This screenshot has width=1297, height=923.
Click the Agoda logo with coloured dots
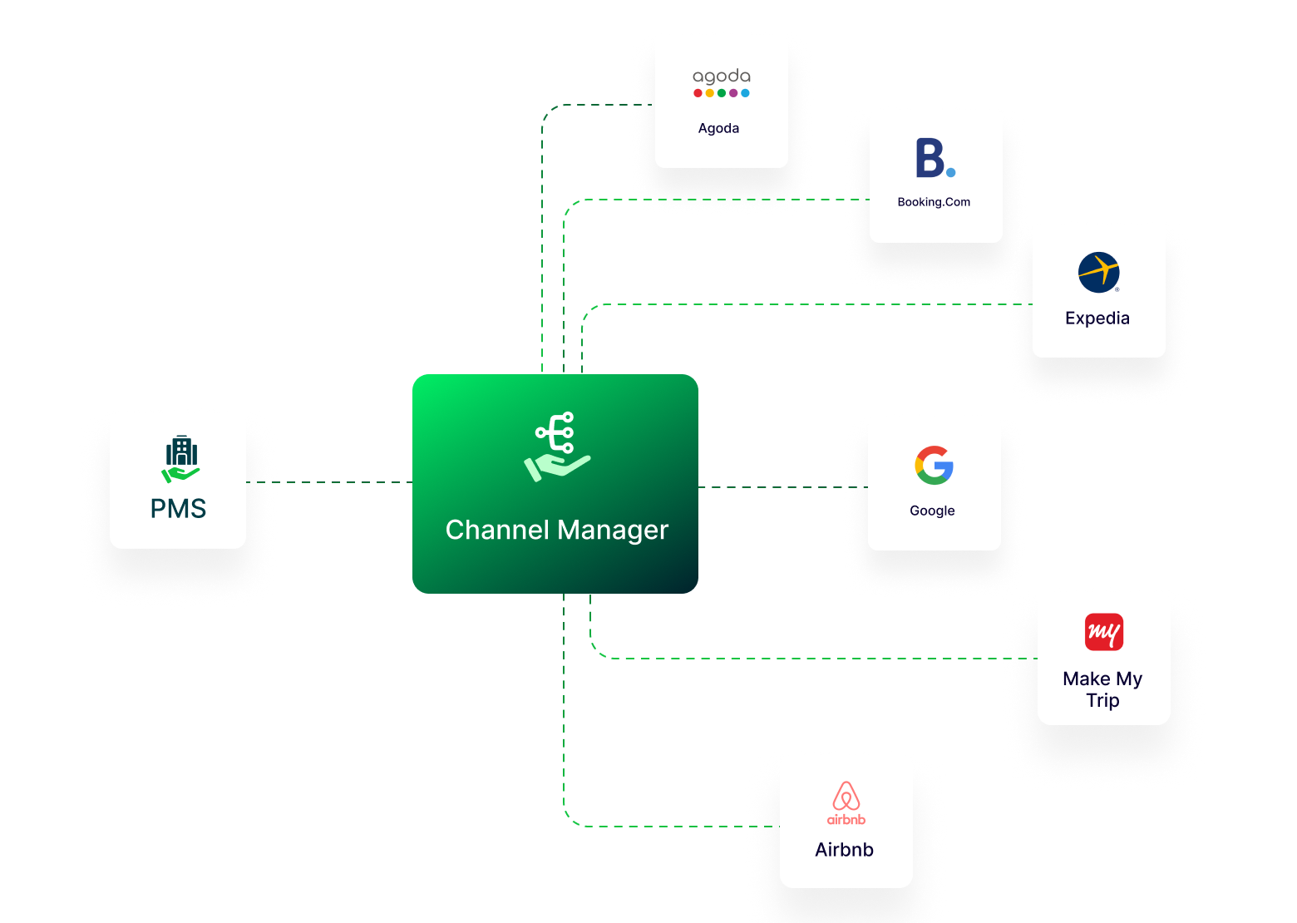point(721,82)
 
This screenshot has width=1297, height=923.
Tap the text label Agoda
point(718,128)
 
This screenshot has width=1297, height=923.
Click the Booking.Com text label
point(934,202)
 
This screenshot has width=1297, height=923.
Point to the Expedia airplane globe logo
point(1098,273)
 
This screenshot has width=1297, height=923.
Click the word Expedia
point(1097,318)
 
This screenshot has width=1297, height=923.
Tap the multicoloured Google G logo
point(934,466)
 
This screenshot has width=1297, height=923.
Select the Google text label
point(932,511)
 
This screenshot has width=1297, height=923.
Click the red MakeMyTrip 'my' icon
point(1104,632)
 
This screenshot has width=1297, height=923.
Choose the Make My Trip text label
point(1102,690)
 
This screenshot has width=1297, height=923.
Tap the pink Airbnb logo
point(846,803)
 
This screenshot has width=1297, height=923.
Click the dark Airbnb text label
point(844,850)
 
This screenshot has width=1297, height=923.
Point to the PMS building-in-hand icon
point(181,459)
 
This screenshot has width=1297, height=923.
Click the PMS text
point(178,509)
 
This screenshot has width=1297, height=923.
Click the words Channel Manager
point(556,531)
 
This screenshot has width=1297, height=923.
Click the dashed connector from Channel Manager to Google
point(782,487)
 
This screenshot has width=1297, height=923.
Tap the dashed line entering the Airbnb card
point(665,827)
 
